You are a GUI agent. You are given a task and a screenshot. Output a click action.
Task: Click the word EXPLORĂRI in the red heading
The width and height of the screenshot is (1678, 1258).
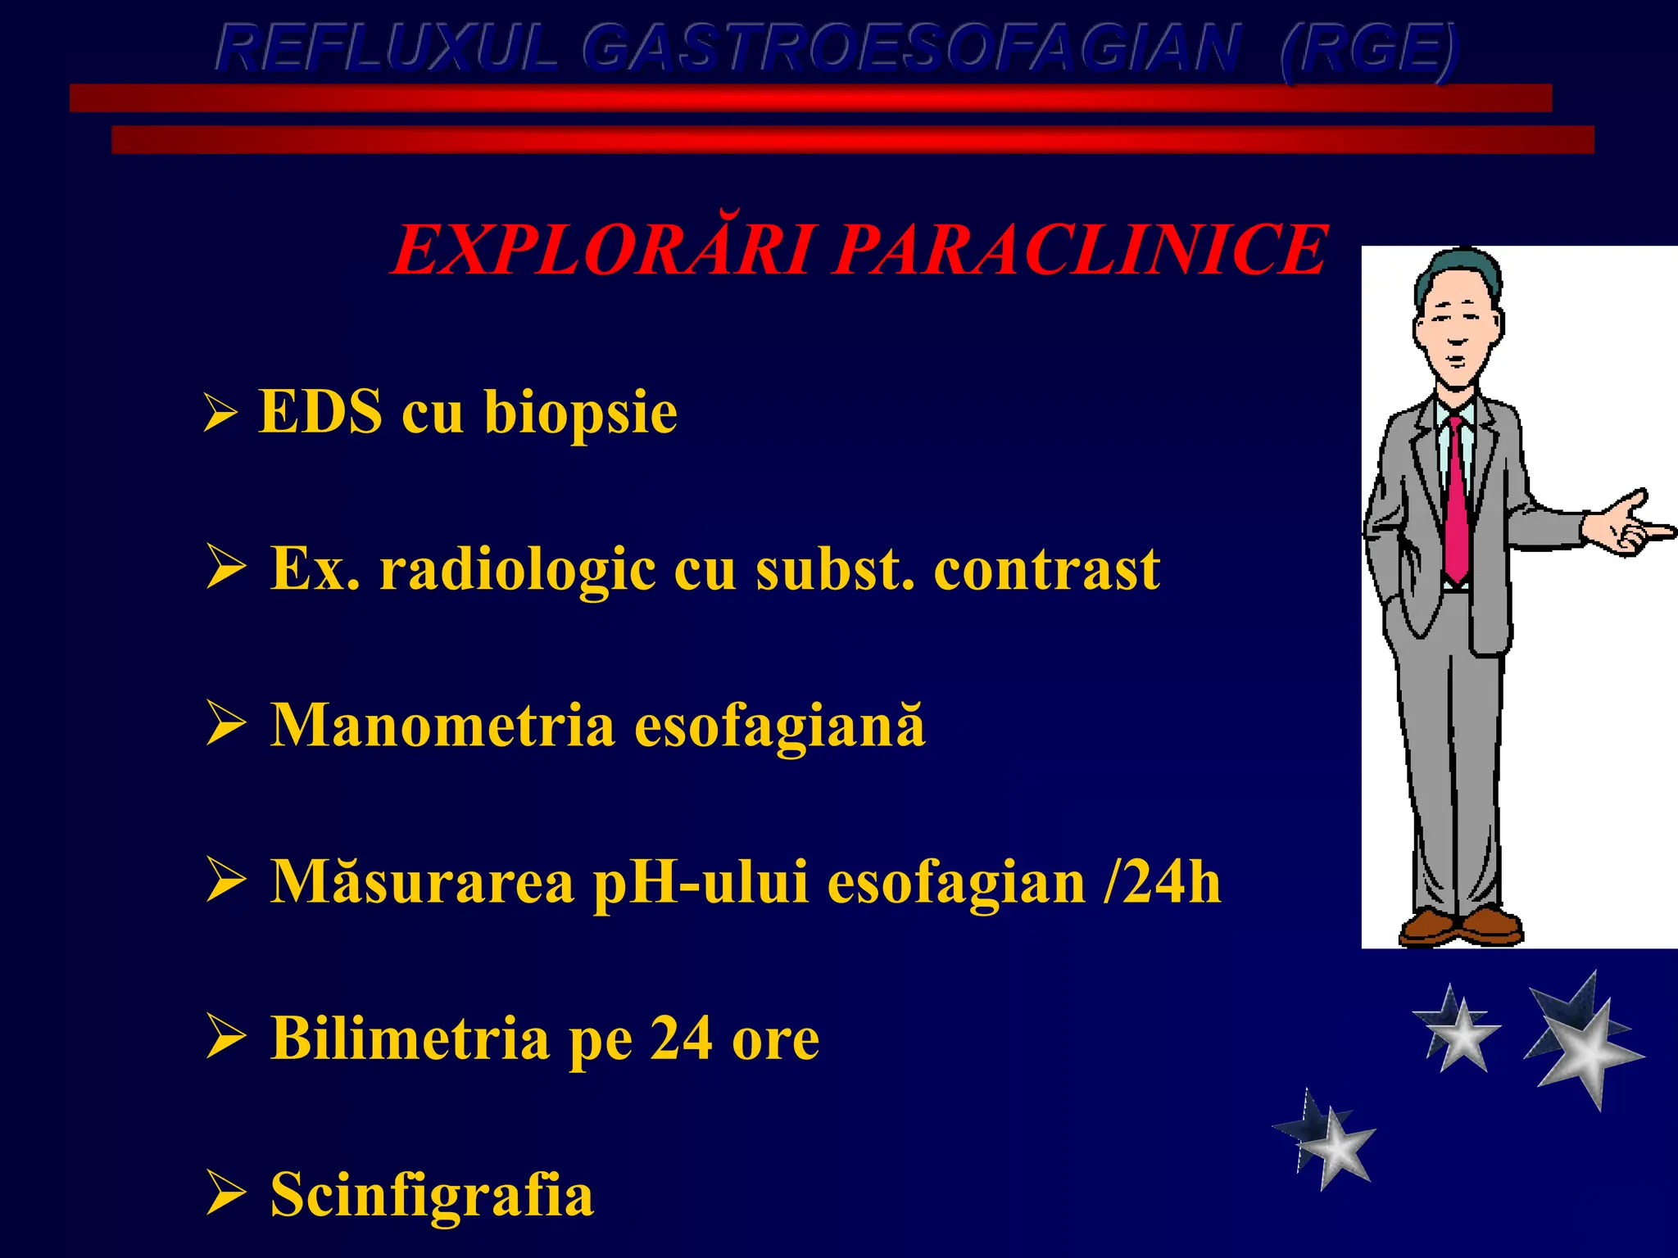602,250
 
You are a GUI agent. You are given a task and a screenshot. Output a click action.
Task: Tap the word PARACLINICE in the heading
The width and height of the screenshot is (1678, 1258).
1079,250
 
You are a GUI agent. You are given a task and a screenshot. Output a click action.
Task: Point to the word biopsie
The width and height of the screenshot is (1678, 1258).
580,412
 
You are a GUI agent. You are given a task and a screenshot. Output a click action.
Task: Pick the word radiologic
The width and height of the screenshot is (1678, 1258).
517,569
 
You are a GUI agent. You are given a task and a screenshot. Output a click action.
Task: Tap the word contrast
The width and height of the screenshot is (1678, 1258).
1046,569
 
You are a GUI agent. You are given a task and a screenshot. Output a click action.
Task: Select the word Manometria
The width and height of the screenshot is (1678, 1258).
442,726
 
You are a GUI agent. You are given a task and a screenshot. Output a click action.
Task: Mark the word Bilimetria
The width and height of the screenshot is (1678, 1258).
410,1039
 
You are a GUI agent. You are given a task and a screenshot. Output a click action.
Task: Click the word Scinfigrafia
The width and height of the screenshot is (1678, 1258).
432,1195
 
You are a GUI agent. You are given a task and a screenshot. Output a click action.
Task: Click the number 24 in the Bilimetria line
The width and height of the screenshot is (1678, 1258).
682,1039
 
